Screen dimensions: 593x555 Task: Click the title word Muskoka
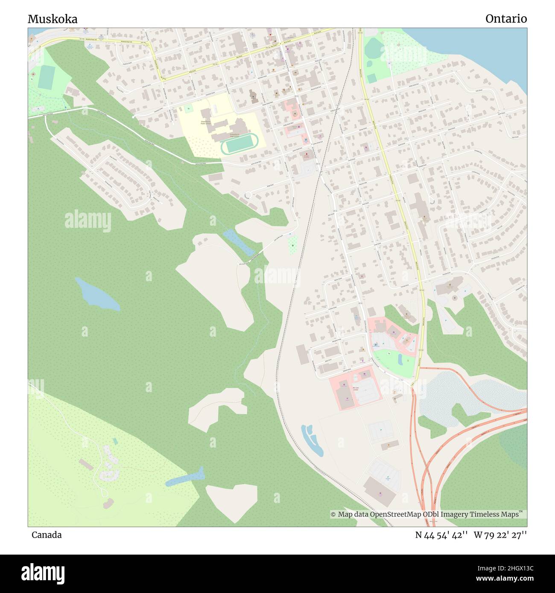click(x=53, y=19)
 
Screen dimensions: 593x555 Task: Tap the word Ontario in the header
click(x=506, y=19)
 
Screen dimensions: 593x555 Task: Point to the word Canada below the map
click(x=47, y=535)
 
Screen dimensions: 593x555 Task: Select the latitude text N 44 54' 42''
click(x=442, y=535)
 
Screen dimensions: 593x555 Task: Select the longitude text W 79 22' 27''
click(x=500, y=535)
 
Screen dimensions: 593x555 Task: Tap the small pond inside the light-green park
click(x=400, y=359)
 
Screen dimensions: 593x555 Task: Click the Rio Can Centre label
click(x=355, y=389)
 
